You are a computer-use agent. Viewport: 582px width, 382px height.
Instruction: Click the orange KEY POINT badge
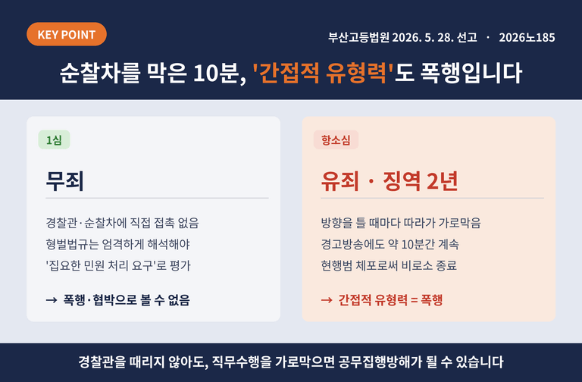[67, 34]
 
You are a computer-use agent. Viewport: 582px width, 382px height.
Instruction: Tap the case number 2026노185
[527, 37]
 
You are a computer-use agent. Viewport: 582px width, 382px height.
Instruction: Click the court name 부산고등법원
[358, 37]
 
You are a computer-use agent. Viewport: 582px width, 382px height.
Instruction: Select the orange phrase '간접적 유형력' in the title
[323, 73]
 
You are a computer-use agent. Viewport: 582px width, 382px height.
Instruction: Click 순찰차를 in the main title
[100, 73]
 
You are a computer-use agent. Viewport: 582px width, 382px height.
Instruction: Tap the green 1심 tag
[55, 140]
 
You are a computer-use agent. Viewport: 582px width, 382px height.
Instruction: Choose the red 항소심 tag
[336, 140]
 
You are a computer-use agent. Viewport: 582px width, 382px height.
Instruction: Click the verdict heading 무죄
[65, 181]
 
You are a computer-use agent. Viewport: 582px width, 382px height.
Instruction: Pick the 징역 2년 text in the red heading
[421, 181]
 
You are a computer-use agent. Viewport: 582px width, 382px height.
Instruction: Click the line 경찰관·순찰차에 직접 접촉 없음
[123, 223]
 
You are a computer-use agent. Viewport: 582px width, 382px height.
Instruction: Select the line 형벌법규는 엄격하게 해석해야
[117, 244]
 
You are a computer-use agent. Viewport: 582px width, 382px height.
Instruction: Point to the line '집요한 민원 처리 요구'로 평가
[118, 265]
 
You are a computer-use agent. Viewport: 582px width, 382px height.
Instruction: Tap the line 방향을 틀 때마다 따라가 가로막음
[401, 223]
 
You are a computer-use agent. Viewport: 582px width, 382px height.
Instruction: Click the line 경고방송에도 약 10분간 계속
[390, 244]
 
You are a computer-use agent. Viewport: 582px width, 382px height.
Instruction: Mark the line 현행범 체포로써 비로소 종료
[389, 265]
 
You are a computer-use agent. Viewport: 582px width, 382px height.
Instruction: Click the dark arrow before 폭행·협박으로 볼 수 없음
[52, 300]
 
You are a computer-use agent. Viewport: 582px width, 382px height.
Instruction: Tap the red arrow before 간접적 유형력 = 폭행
[327, 300]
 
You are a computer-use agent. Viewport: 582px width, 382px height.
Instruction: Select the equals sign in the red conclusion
[415, 300]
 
